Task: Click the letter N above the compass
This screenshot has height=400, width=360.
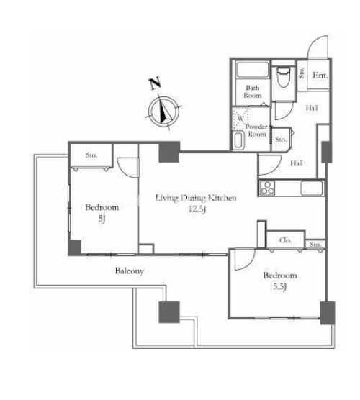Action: pyautogui.click(x=155, y=83)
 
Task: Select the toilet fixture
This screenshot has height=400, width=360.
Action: pyautogui.click(x=283, y=77)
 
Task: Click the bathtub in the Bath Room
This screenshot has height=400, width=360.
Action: pyautogui.click(x=253, y=69)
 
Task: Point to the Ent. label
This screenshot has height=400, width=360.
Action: pyautogui.click(x=320, y=76)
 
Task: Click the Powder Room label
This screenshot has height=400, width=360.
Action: pyautogui.click(x=256, y=130)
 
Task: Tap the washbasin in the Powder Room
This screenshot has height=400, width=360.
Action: pyautogui.click(x=238, y=140)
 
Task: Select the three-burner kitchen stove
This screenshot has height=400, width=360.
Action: pyautogui.click(x=267, y=188)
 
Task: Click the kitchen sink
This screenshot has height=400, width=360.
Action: pyautogui.click(x=312, y=188)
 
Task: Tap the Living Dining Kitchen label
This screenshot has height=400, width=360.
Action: pyautogui.click(x=196, y=198)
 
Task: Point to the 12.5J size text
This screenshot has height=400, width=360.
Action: pyautogui.click(x=197, y=209)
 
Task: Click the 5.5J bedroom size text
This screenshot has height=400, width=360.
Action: pyautogui.click(x=280, y=287)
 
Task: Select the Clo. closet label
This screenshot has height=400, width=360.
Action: pyautogui.click(x=285, y=240)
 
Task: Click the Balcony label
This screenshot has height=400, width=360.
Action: pyautogui.click(x=129, y=271)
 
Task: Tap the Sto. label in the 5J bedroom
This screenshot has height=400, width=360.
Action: pyautogui.click(x=91, y=155)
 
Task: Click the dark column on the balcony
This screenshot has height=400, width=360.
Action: pyautogui.click(x=169, y=312)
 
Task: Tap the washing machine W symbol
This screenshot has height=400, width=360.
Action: pyautogui.click(x=240, y=118)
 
